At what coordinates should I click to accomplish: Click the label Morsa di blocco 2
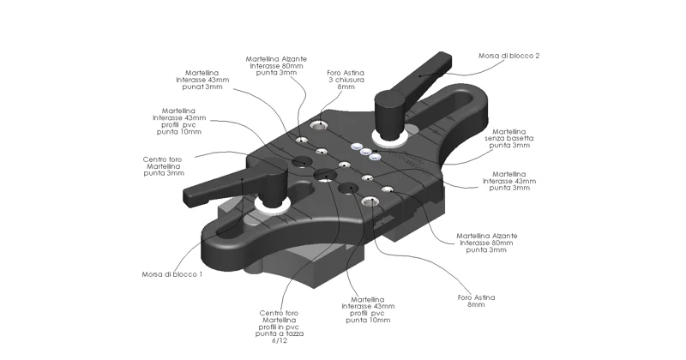(509, 56)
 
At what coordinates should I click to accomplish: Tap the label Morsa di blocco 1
(171, 274)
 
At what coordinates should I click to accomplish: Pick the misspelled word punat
(191, 87)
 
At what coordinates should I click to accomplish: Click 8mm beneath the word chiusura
(346, 87)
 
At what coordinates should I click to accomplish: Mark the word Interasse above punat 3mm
(199, 80)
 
